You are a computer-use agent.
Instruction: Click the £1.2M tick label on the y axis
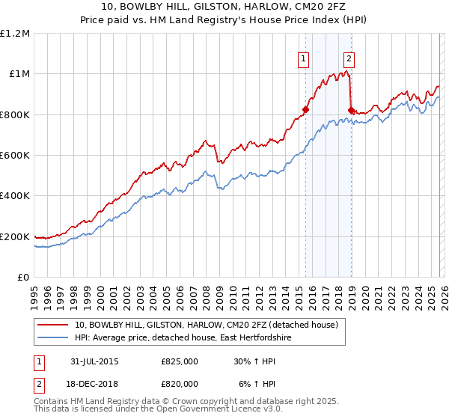pyautogui.click(x=15, y=33)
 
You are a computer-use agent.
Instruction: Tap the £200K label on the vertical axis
pyautogui.click(x=15, y=236)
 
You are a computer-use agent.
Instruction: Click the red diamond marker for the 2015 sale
pyautogui.click(x=305, y=109)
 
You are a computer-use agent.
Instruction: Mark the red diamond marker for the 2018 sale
pyautogui.click(x=351, y=110)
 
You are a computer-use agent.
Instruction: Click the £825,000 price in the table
pyautogui.click(x=180, y=361)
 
